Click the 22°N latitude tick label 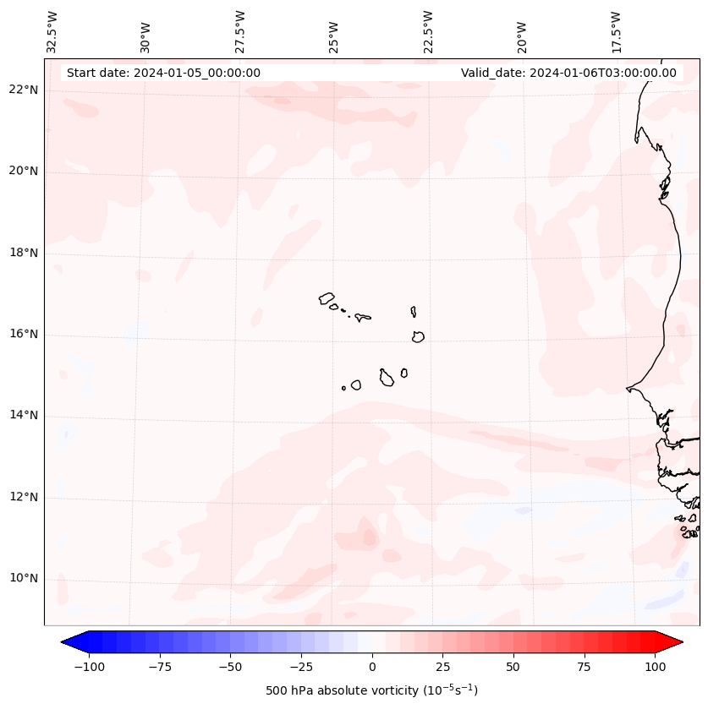pyautogui.click(x=25, y=90)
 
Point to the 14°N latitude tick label pyautogui.click(x=25, y=415)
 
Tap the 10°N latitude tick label pyautogui.click(x=25, y=578)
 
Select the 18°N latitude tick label pyautogui.click(x=25, y=253)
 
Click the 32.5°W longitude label pyautogui.click(x=52, y=32)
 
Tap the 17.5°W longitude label pyautogui.click(x=617, y=32)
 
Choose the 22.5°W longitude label pyautogui.click(x=428, y=32)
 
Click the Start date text pyautogui.click(x=163, y=73)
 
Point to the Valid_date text pyautogui.click(x=568, y=73)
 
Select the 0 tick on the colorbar pyautogui.click(x=372, y=667)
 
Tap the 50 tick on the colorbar pyautogui.click(x=513, y=667)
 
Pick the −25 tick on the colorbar pyautogui.click(x=301, y=667)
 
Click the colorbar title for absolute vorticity pyautogui.click(x=372, y=690)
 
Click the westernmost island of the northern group pyautogui.click(x=327, y=298)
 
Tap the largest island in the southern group pyautogui.click(x=387, y=378)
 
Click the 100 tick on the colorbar pyautogui.click(x=654, y=667)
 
